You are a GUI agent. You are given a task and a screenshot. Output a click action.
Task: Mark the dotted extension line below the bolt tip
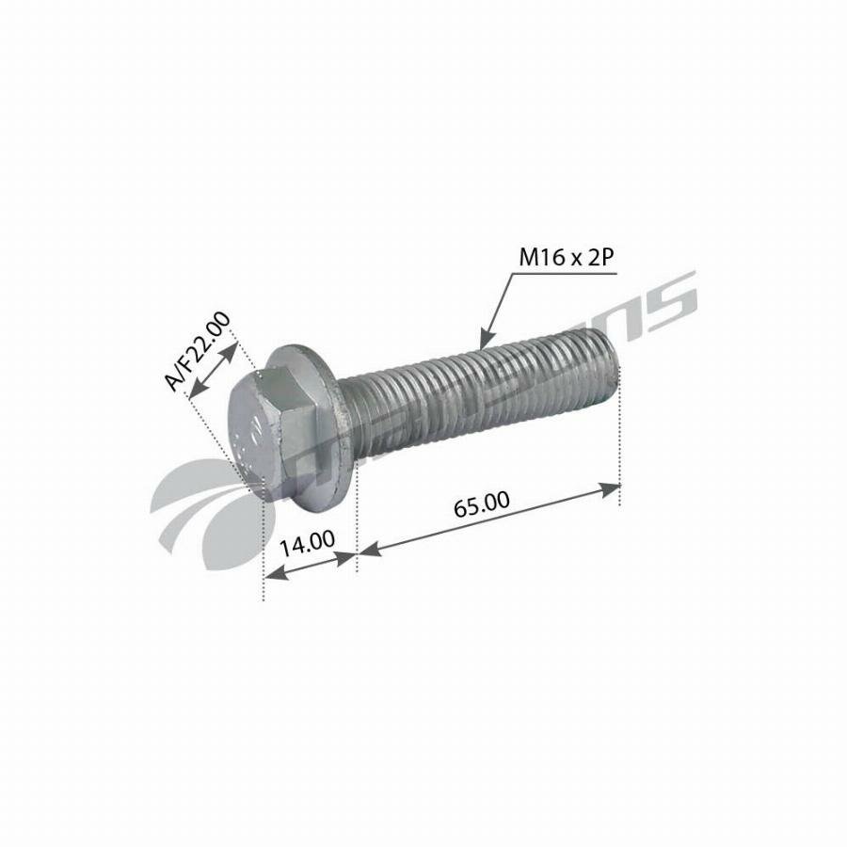(619, 452)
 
